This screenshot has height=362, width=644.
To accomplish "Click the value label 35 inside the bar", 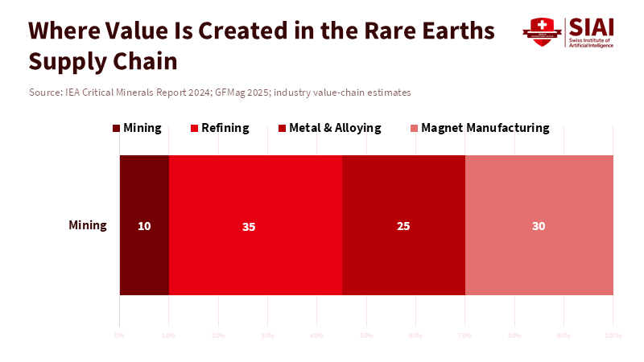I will (249, 227).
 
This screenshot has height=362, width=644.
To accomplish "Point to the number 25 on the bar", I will (403, 226).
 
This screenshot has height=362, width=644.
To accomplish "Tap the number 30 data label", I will (539, 226).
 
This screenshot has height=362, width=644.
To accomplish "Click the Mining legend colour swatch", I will (117, 129).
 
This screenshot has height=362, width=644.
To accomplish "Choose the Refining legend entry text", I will (225, 128).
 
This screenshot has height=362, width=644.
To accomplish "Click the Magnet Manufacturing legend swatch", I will (415, 129).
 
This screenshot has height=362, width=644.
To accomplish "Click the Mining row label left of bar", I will (88, 225).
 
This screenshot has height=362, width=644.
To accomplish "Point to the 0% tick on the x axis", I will (119, 334).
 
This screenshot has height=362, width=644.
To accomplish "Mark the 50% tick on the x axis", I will (366, 334).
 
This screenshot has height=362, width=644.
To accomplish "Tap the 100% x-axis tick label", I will (613, 334).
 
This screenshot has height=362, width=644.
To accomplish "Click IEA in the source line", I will (73, 93).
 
